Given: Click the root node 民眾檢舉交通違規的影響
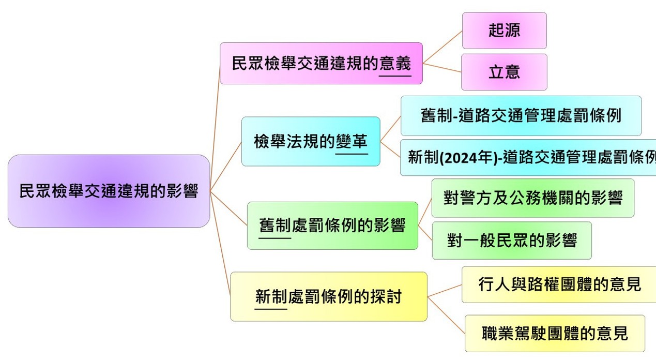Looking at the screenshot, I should click(x=109, y=191).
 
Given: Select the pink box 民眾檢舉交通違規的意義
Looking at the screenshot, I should click(x=321, y=64).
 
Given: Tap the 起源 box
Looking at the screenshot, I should click(x=504, y=31).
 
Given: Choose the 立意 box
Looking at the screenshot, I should click(x=504, y=72).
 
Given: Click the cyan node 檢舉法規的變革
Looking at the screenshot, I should click(x=311, y=141).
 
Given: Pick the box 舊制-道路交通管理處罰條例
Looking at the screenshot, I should click(x=521, y=116).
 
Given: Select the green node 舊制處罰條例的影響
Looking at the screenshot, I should click(x=332, y=226).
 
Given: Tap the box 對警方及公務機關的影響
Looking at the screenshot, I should click(x=532, y=198).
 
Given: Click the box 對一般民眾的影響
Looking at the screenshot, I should click(x=511, y=241).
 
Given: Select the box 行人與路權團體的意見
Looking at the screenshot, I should click(x=559, y=284).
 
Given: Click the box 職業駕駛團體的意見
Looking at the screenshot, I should click(x=555, y=333).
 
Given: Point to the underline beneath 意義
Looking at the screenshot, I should click(x=395, y=76).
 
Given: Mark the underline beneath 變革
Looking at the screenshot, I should click(x=352, y=154).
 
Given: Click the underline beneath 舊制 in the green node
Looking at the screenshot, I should click(x=275, y=238).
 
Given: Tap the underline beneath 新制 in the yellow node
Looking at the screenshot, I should click(x=271, y=309).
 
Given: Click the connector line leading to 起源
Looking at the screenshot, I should click(x=443, y=47).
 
